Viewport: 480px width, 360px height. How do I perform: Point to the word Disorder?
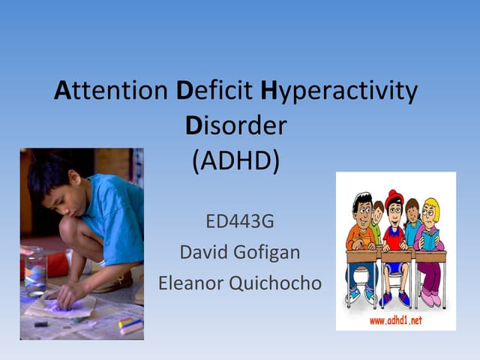[235, 125]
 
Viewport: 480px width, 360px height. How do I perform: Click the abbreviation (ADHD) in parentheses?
[235, 160]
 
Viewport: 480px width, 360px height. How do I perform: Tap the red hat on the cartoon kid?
[394, 196]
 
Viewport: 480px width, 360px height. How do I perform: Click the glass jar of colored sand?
[34, 271]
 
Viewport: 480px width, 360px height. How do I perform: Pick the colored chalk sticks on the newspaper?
[129, 325]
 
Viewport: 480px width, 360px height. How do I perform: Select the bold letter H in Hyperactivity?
[269, 91]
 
